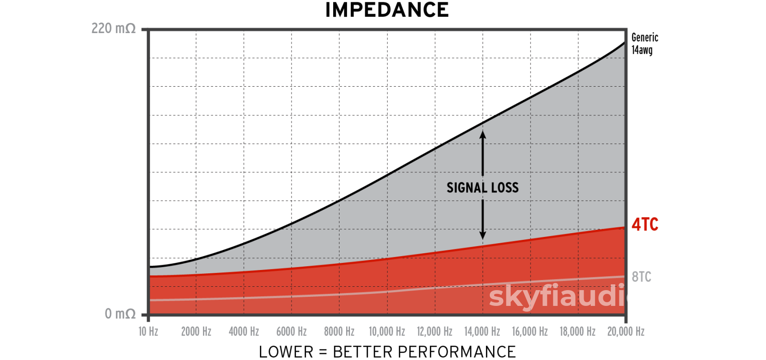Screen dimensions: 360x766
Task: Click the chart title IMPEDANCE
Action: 387,10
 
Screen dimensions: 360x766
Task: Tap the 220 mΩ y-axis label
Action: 113,29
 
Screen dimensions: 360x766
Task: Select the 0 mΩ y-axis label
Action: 120,314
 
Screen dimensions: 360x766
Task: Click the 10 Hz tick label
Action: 148,331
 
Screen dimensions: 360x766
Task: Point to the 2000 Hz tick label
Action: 196,331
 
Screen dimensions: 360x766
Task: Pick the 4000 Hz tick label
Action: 244,331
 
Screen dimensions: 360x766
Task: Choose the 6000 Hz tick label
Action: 292,331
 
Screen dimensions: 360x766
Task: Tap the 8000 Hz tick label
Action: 339,331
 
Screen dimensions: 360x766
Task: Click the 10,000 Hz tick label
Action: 387,331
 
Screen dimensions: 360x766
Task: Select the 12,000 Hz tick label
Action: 435,331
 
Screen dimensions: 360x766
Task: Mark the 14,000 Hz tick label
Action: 482,331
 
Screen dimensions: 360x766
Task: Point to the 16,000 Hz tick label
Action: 530,331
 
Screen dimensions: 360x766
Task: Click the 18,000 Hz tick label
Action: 578,331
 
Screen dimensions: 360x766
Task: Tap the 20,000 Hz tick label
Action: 626,331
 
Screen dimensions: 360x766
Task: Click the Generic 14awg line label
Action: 644,44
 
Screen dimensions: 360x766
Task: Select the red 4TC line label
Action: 645,224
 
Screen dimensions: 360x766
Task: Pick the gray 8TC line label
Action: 642,277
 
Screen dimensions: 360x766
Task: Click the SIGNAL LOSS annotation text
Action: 483,188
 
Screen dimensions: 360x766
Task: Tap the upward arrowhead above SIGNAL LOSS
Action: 483,135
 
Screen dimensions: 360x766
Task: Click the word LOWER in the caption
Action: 286,352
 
